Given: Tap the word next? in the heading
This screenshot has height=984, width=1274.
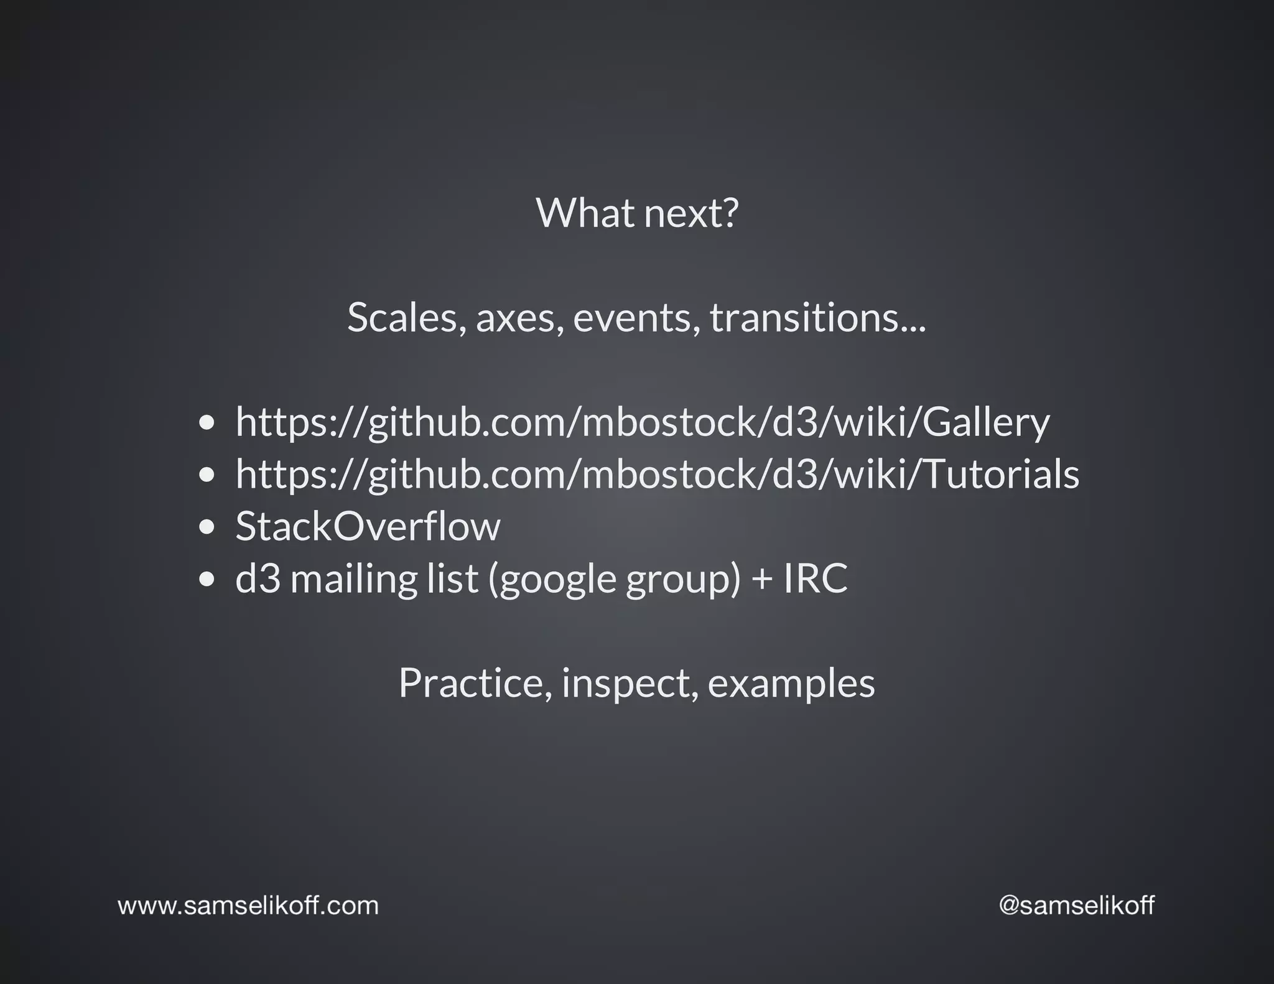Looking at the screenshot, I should (x=691, y=213).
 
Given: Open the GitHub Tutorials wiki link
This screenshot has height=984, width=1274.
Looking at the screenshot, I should (x=657, y=475).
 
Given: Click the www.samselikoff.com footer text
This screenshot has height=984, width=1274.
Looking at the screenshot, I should (x=248, y=906).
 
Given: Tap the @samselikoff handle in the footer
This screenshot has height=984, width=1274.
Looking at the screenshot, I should (x=1076, y=906).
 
